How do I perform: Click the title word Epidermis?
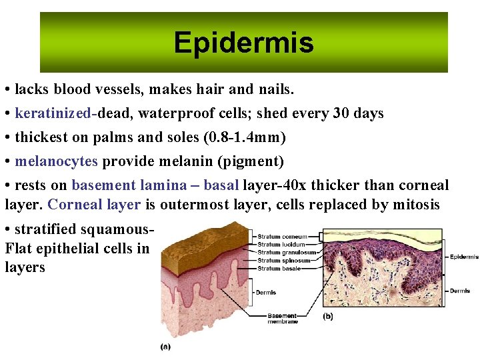[x=243, y=43]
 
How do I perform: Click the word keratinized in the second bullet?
[x=53, y=113]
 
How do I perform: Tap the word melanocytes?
[x=56, y=161]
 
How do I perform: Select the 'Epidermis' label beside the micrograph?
[x=463, y=257]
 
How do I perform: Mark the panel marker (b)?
[x=328, y=315]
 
